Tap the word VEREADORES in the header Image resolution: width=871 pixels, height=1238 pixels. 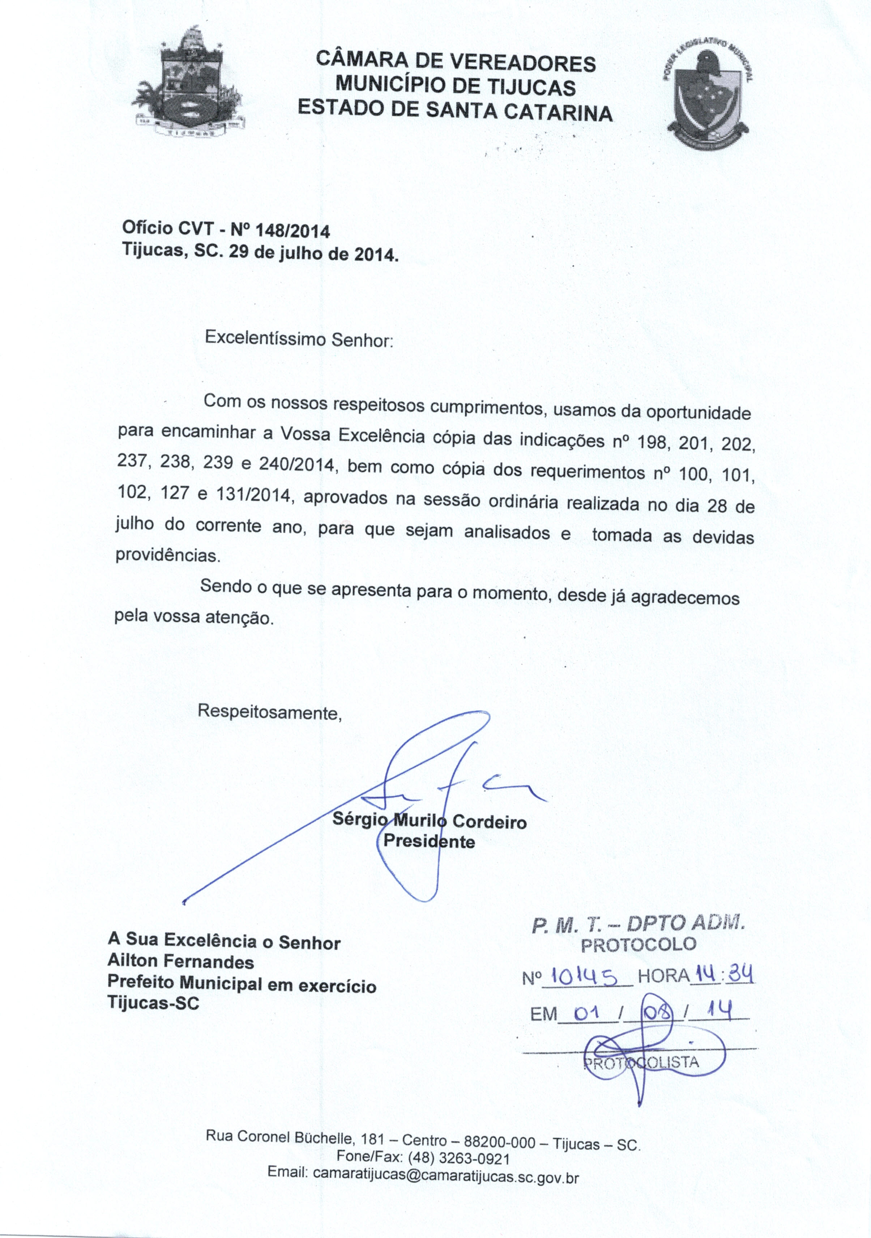(x=523, y=63)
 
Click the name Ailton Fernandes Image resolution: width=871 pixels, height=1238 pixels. (x=180, y=961)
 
